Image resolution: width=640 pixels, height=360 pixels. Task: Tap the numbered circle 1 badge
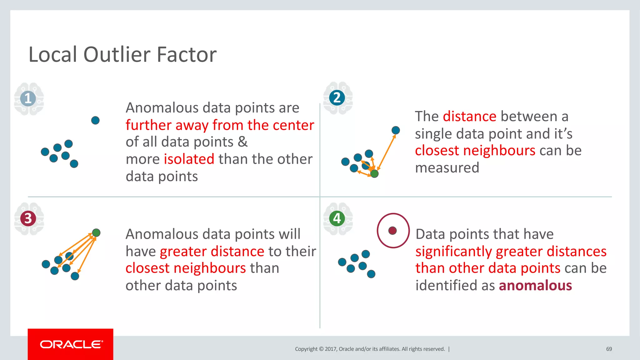pos(28,98)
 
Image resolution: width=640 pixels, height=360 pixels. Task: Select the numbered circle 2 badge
pos(337,98)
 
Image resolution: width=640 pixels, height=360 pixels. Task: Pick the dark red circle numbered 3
pos(28,218)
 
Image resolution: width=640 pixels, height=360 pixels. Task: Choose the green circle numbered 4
pos(337,218)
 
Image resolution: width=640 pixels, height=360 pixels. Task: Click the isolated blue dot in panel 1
pos(95,120)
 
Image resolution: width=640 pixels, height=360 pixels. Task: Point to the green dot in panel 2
pos(374,173)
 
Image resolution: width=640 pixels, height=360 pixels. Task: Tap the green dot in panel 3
pos(96,232)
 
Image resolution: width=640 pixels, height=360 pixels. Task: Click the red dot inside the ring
pos(392,231)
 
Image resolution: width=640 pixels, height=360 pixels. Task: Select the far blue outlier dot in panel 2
pos(396,130)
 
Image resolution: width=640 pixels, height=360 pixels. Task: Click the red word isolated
pos(189,159)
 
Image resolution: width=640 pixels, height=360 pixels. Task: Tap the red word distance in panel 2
pos(469,117)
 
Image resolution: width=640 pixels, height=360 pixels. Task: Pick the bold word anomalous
pos(535,286)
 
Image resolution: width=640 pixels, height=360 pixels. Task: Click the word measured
pos(447,168)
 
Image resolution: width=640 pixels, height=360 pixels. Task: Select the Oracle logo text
pos(71,344)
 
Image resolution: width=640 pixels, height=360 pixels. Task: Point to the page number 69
pos(609,349)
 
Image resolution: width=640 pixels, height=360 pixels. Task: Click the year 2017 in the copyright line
pos(331,349)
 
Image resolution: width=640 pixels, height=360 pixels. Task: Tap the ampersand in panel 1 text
pos(242,142)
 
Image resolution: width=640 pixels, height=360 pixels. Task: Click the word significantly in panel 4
pos(453,252)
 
